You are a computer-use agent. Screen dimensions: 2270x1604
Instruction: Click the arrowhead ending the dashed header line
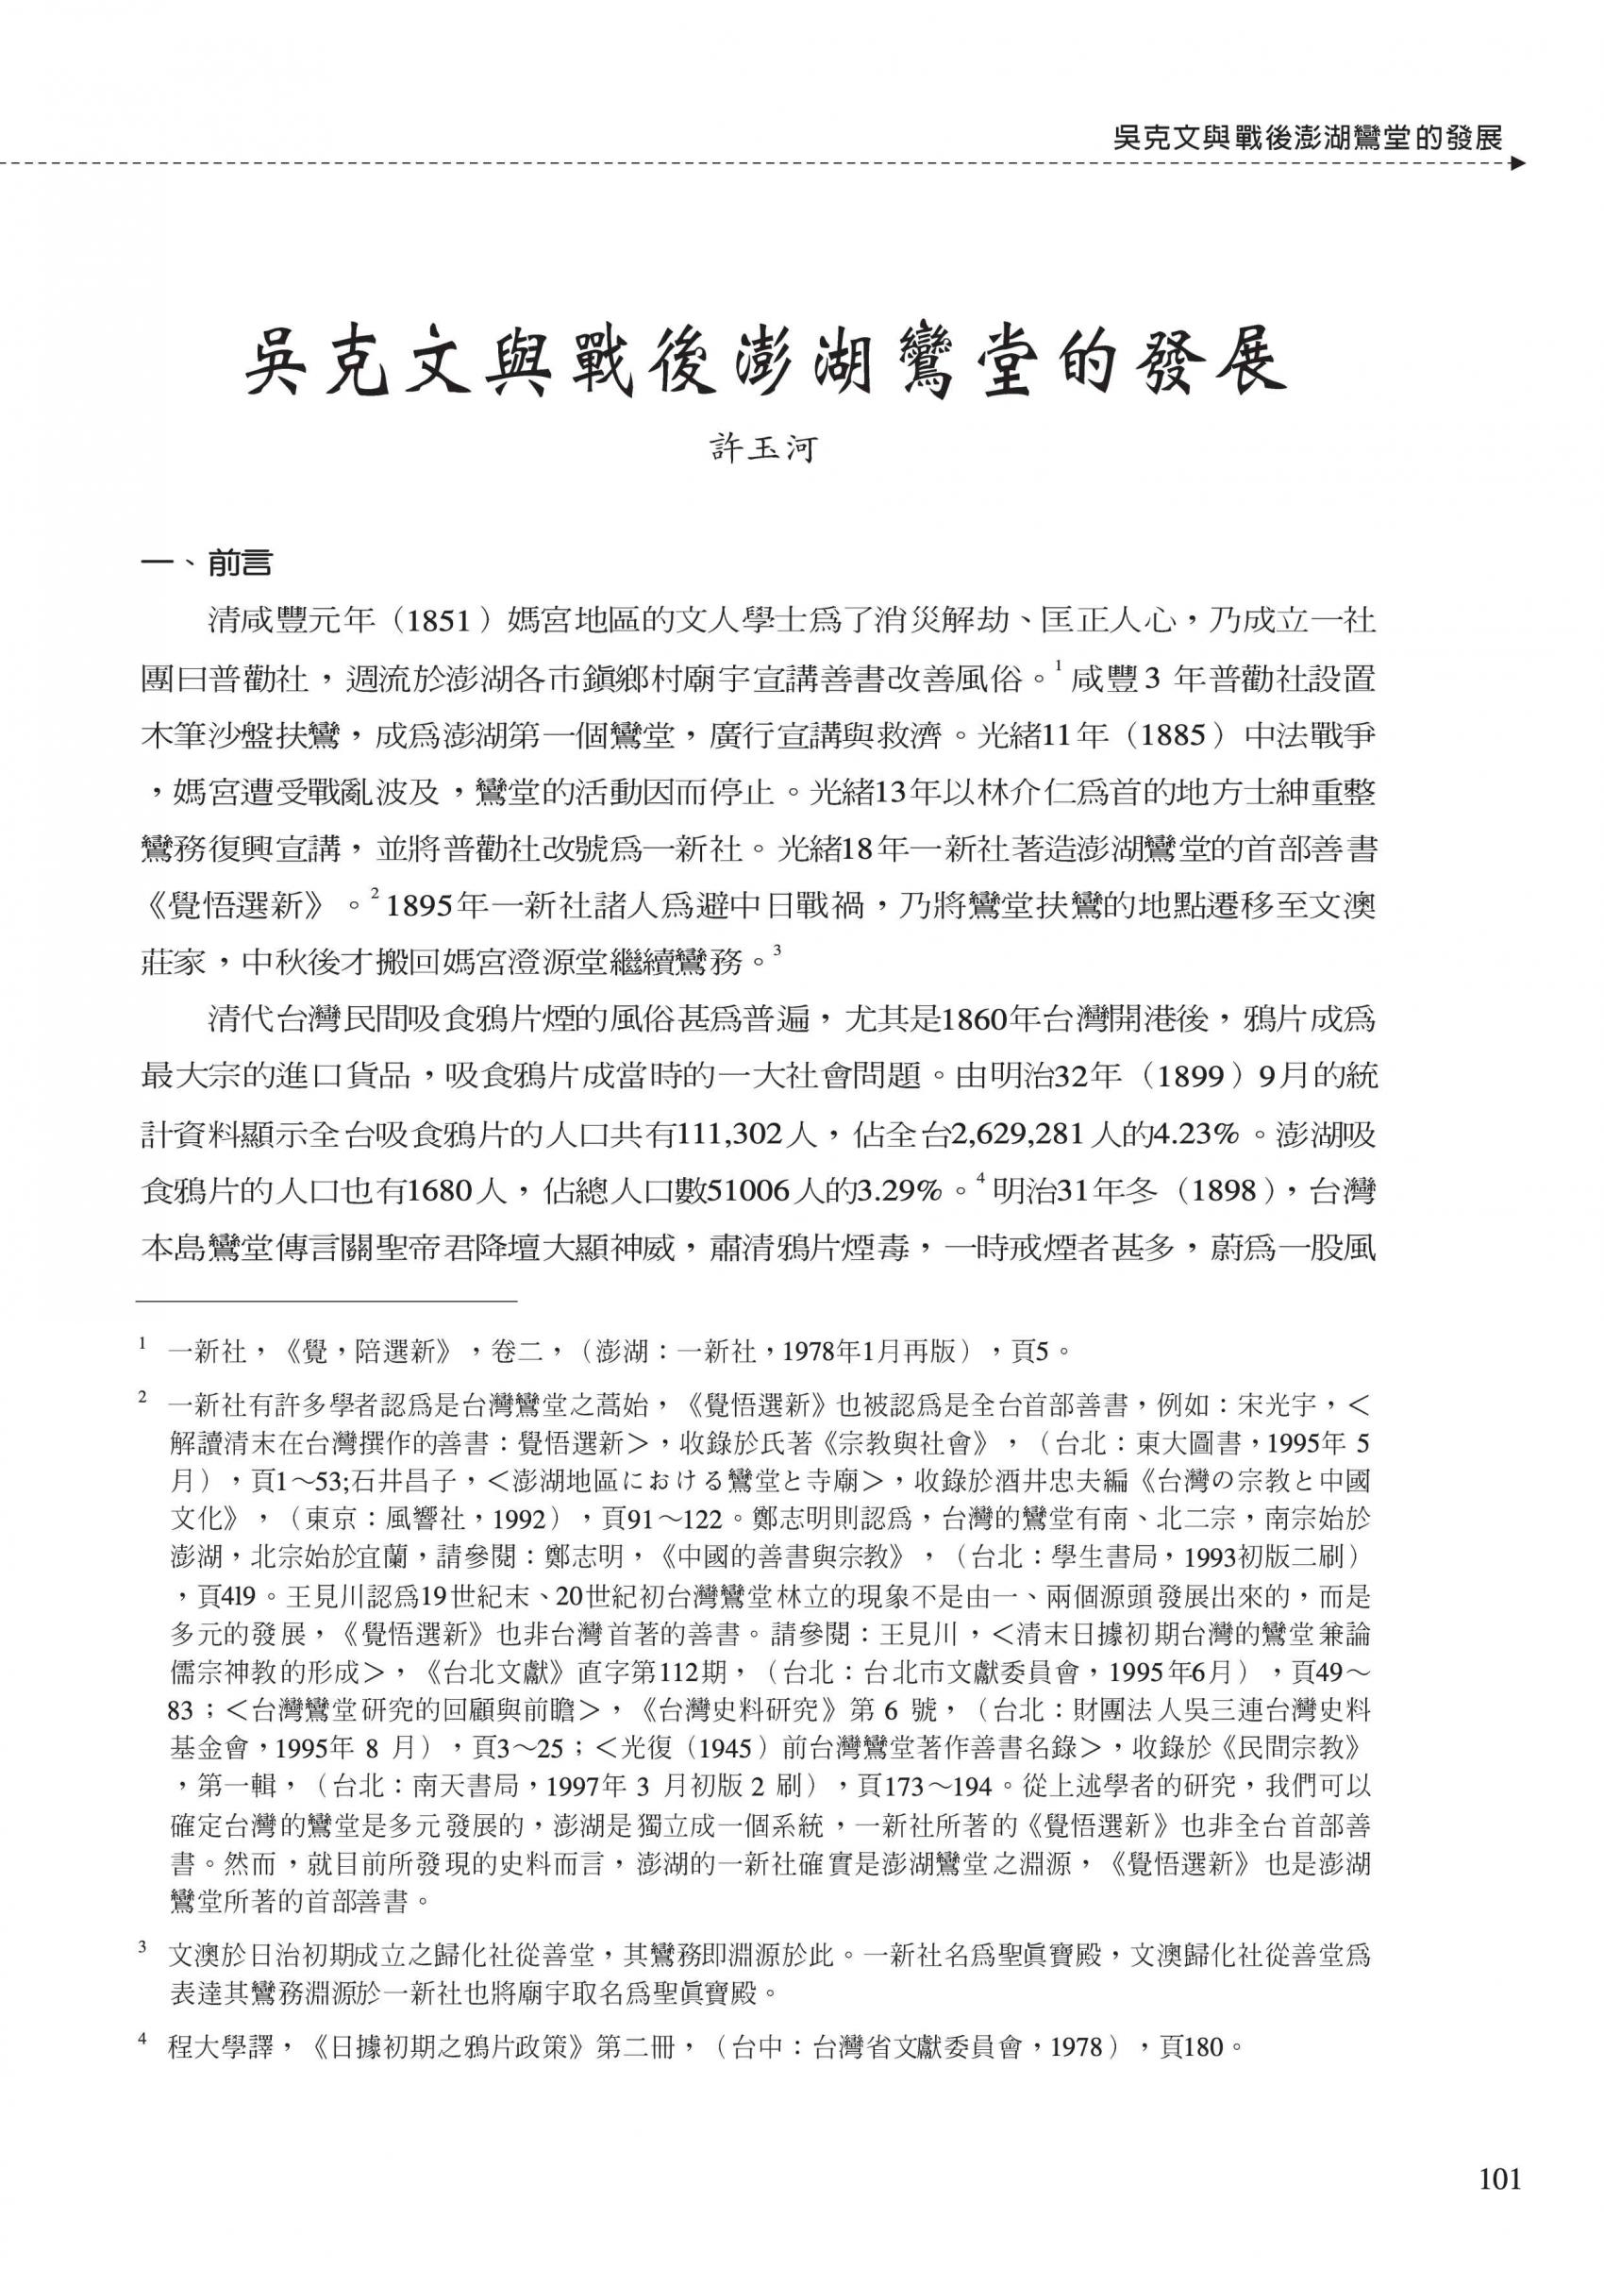(x=1519, y=164)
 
